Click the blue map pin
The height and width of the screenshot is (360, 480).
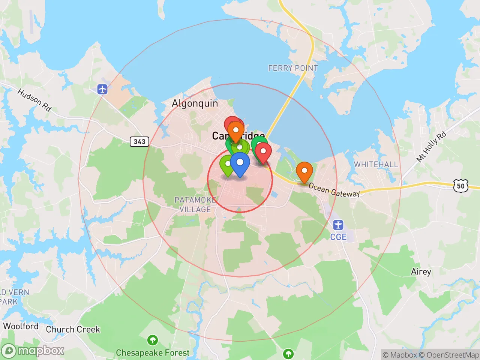240,163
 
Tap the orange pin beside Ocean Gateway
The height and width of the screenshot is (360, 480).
304,171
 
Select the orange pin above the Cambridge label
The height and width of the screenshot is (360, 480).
236,130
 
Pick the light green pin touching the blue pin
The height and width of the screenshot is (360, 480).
226,165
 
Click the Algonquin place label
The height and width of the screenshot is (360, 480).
195,103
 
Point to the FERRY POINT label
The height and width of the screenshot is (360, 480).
293,68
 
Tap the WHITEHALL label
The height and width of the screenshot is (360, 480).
376,164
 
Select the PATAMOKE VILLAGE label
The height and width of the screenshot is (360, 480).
195,204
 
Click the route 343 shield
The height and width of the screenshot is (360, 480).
139,141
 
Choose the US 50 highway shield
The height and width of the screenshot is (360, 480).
460,186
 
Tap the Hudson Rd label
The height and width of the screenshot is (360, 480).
34,100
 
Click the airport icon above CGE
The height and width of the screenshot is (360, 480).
338,225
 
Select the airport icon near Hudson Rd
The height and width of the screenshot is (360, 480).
102,89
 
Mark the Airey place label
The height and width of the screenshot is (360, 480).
421,271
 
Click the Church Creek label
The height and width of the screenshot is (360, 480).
73,329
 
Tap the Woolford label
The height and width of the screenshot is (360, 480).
21,326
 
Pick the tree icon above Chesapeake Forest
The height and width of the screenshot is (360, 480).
152,340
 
